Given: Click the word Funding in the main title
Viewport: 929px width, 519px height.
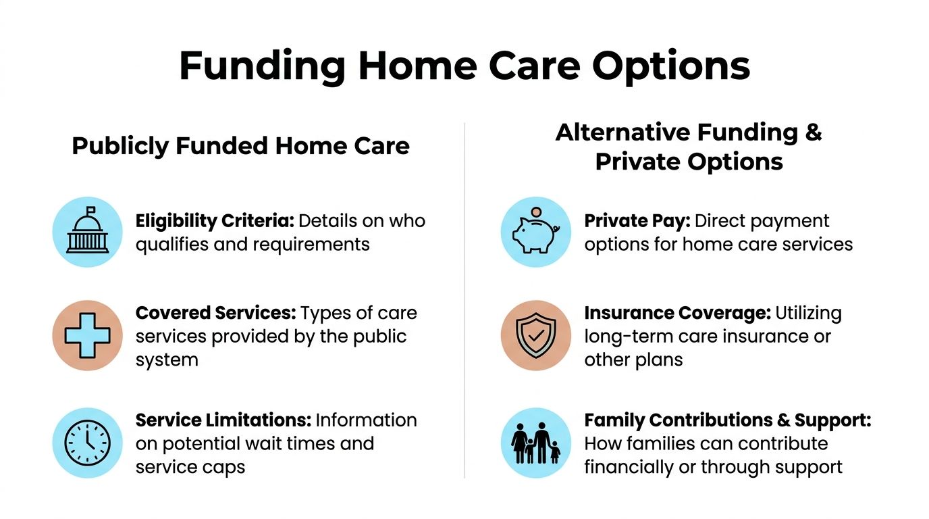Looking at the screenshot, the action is point(262,66).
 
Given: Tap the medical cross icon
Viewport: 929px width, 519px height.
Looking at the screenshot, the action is point(88,335).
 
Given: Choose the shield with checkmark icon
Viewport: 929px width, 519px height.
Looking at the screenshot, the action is point(536,335).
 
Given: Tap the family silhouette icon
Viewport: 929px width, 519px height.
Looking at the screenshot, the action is point(536,443).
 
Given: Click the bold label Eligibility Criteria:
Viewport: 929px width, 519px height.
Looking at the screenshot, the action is point(215,222).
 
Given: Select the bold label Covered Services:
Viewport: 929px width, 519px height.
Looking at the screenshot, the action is point(215,313).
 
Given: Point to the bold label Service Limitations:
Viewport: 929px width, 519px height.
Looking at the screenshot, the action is point(223,420).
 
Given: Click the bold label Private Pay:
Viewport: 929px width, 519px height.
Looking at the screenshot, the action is point(637,222).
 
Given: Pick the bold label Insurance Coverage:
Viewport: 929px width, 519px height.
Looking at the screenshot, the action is point(678,314).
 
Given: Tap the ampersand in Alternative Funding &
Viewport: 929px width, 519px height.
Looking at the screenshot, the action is point(813,132).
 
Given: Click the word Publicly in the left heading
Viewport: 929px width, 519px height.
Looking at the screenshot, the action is point(120,147).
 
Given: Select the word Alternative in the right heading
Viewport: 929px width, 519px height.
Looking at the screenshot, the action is point(622,132).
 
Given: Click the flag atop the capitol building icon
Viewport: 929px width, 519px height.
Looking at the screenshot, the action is point(91,210).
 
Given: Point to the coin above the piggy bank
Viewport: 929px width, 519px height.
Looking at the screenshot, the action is point(536,212).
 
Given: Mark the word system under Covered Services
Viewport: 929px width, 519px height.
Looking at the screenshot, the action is point(167,360).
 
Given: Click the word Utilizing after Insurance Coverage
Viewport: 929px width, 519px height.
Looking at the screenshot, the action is point(809,314).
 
